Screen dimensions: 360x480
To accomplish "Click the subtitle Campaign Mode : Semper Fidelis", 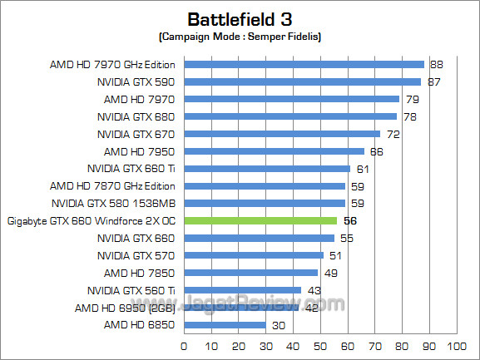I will pos(240,38).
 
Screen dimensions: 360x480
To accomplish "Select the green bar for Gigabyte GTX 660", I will pos(260,220).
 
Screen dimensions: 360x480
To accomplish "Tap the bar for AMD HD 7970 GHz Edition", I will pos(304,64).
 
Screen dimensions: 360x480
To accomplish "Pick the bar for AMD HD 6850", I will pos(224,325).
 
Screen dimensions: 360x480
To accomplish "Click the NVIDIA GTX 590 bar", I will pos(302,81).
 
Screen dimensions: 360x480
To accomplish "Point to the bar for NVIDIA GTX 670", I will pos(282,134).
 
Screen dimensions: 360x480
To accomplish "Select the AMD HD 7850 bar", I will pos(250,273).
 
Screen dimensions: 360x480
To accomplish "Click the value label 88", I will pos(435,64).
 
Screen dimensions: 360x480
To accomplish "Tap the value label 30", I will pos(277,325).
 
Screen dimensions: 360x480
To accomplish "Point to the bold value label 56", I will pos(349,221).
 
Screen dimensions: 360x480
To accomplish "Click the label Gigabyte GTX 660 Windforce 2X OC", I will pos(91,220).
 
